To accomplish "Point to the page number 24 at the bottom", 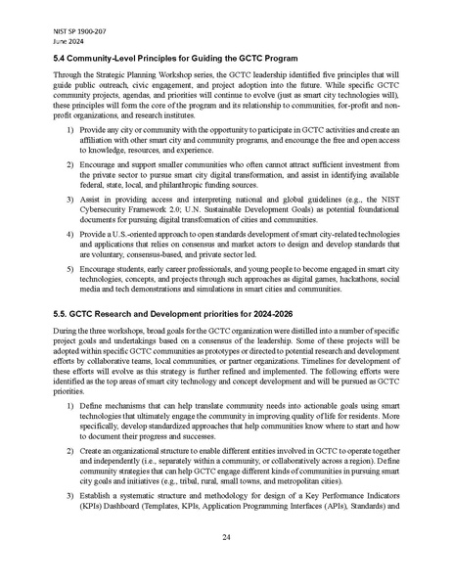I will click(226, 536).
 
